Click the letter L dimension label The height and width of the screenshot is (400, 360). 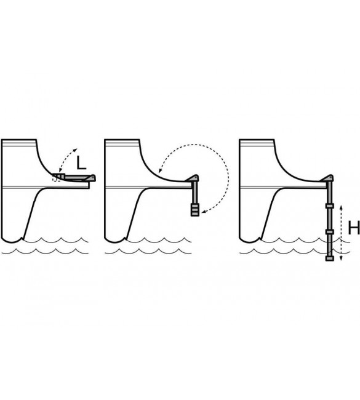[x=81, y=162]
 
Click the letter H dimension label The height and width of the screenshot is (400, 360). [x=354, y=228]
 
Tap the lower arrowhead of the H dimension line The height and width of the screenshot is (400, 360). [x=342, y=259]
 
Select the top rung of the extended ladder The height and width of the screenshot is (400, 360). [x=329, y=206]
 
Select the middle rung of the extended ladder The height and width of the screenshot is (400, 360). [x=329, y=232]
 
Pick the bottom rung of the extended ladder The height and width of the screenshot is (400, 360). [x=329, y=258]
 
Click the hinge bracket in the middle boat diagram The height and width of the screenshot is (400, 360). [x=193, y=178]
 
